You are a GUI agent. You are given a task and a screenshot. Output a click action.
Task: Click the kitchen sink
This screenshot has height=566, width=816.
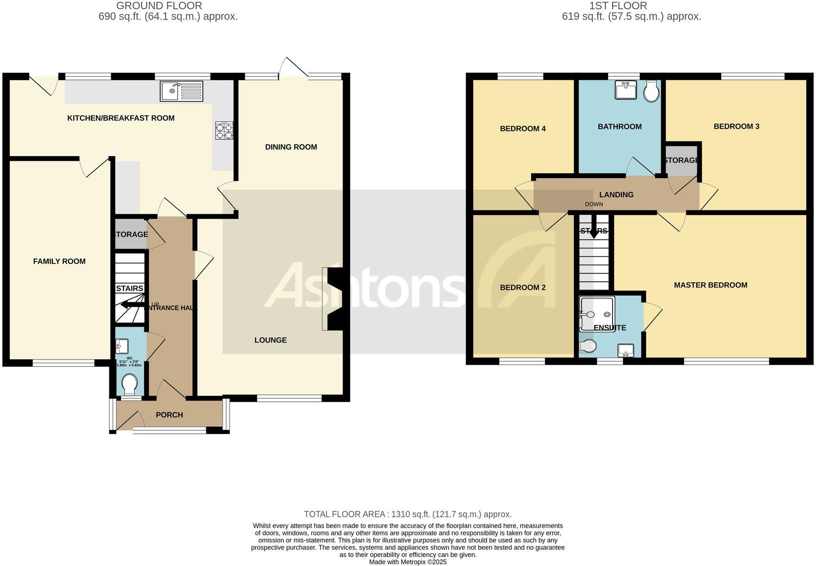tap(182, 91)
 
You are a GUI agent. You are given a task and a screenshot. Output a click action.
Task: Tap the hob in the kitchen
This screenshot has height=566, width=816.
tap(224, 130)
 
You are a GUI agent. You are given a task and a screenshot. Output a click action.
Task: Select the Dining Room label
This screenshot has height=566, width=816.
tap(291, 147)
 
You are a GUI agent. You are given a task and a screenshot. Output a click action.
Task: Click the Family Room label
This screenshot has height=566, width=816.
tap(59, 261)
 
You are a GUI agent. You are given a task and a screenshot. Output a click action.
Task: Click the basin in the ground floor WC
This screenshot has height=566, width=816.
tap(123, 346)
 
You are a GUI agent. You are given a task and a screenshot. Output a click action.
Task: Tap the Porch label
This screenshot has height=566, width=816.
tap(169, 415)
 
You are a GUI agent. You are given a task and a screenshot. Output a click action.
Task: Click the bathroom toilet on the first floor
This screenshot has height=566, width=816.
tap(651, 91)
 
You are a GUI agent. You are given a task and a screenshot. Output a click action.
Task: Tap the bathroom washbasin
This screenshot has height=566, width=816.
tap(625, 90)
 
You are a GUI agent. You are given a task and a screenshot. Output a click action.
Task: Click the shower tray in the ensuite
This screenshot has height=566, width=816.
tap(597, 314)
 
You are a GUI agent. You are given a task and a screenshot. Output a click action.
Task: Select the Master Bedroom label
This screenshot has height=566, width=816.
tap(710, 285)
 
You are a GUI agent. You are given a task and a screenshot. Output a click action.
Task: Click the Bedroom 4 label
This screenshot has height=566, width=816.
tap(523, 128)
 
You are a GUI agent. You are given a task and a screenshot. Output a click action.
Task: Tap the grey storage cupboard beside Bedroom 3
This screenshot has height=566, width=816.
tap(681, 160)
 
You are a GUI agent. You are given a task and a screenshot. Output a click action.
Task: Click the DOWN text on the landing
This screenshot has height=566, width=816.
tap(594, 204)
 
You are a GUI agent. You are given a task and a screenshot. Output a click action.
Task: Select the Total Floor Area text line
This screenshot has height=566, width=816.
tap(408, 514)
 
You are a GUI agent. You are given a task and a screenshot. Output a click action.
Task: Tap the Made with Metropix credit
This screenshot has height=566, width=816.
tap(408, 562)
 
